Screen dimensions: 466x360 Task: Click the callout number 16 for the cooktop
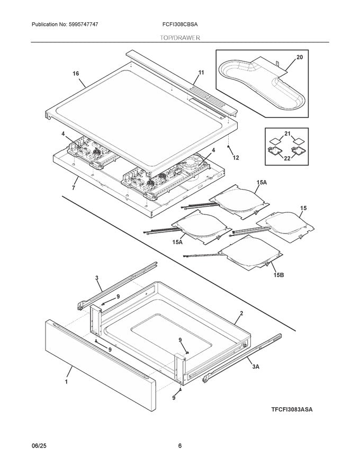[76, 74]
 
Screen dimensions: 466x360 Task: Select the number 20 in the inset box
[299, 57]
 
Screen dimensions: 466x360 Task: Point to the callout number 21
[288, 134]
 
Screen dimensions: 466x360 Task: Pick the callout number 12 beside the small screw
[236, 158]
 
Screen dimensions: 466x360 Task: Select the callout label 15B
[278, 274]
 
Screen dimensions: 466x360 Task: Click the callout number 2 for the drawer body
[241, 313]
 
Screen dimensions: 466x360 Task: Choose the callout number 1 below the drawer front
[67, 381]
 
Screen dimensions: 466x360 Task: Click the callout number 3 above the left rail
[97, 277]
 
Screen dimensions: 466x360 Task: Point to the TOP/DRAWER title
[180, 38]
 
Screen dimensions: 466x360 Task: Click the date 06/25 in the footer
[39, 446]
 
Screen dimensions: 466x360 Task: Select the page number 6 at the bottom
[180, 446]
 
